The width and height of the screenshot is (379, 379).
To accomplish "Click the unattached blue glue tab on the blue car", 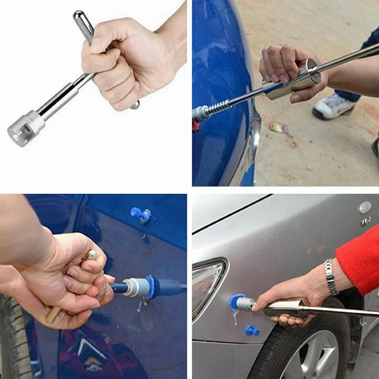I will point(141,214).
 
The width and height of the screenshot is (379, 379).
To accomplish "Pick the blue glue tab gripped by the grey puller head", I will point(152,287).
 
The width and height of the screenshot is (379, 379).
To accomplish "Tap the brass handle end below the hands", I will point(53,314).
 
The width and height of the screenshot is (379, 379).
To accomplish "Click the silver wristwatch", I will point(331,276).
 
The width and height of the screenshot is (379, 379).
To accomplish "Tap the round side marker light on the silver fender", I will point(365,208).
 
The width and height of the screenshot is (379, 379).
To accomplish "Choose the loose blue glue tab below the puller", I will point(253,330).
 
